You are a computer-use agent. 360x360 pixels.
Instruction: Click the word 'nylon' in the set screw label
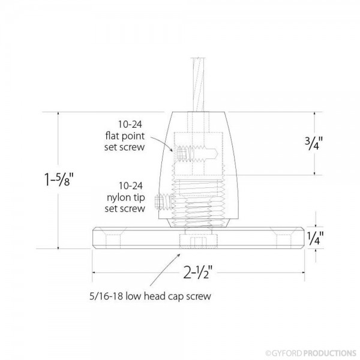tap(120, 196)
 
